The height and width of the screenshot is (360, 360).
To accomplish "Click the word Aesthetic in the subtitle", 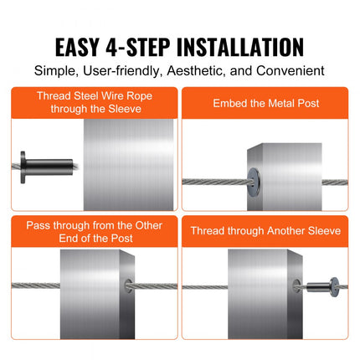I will pos(197,72).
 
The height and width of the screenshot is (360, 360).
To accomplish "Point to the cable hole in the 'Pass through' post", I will pos(128,287).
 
